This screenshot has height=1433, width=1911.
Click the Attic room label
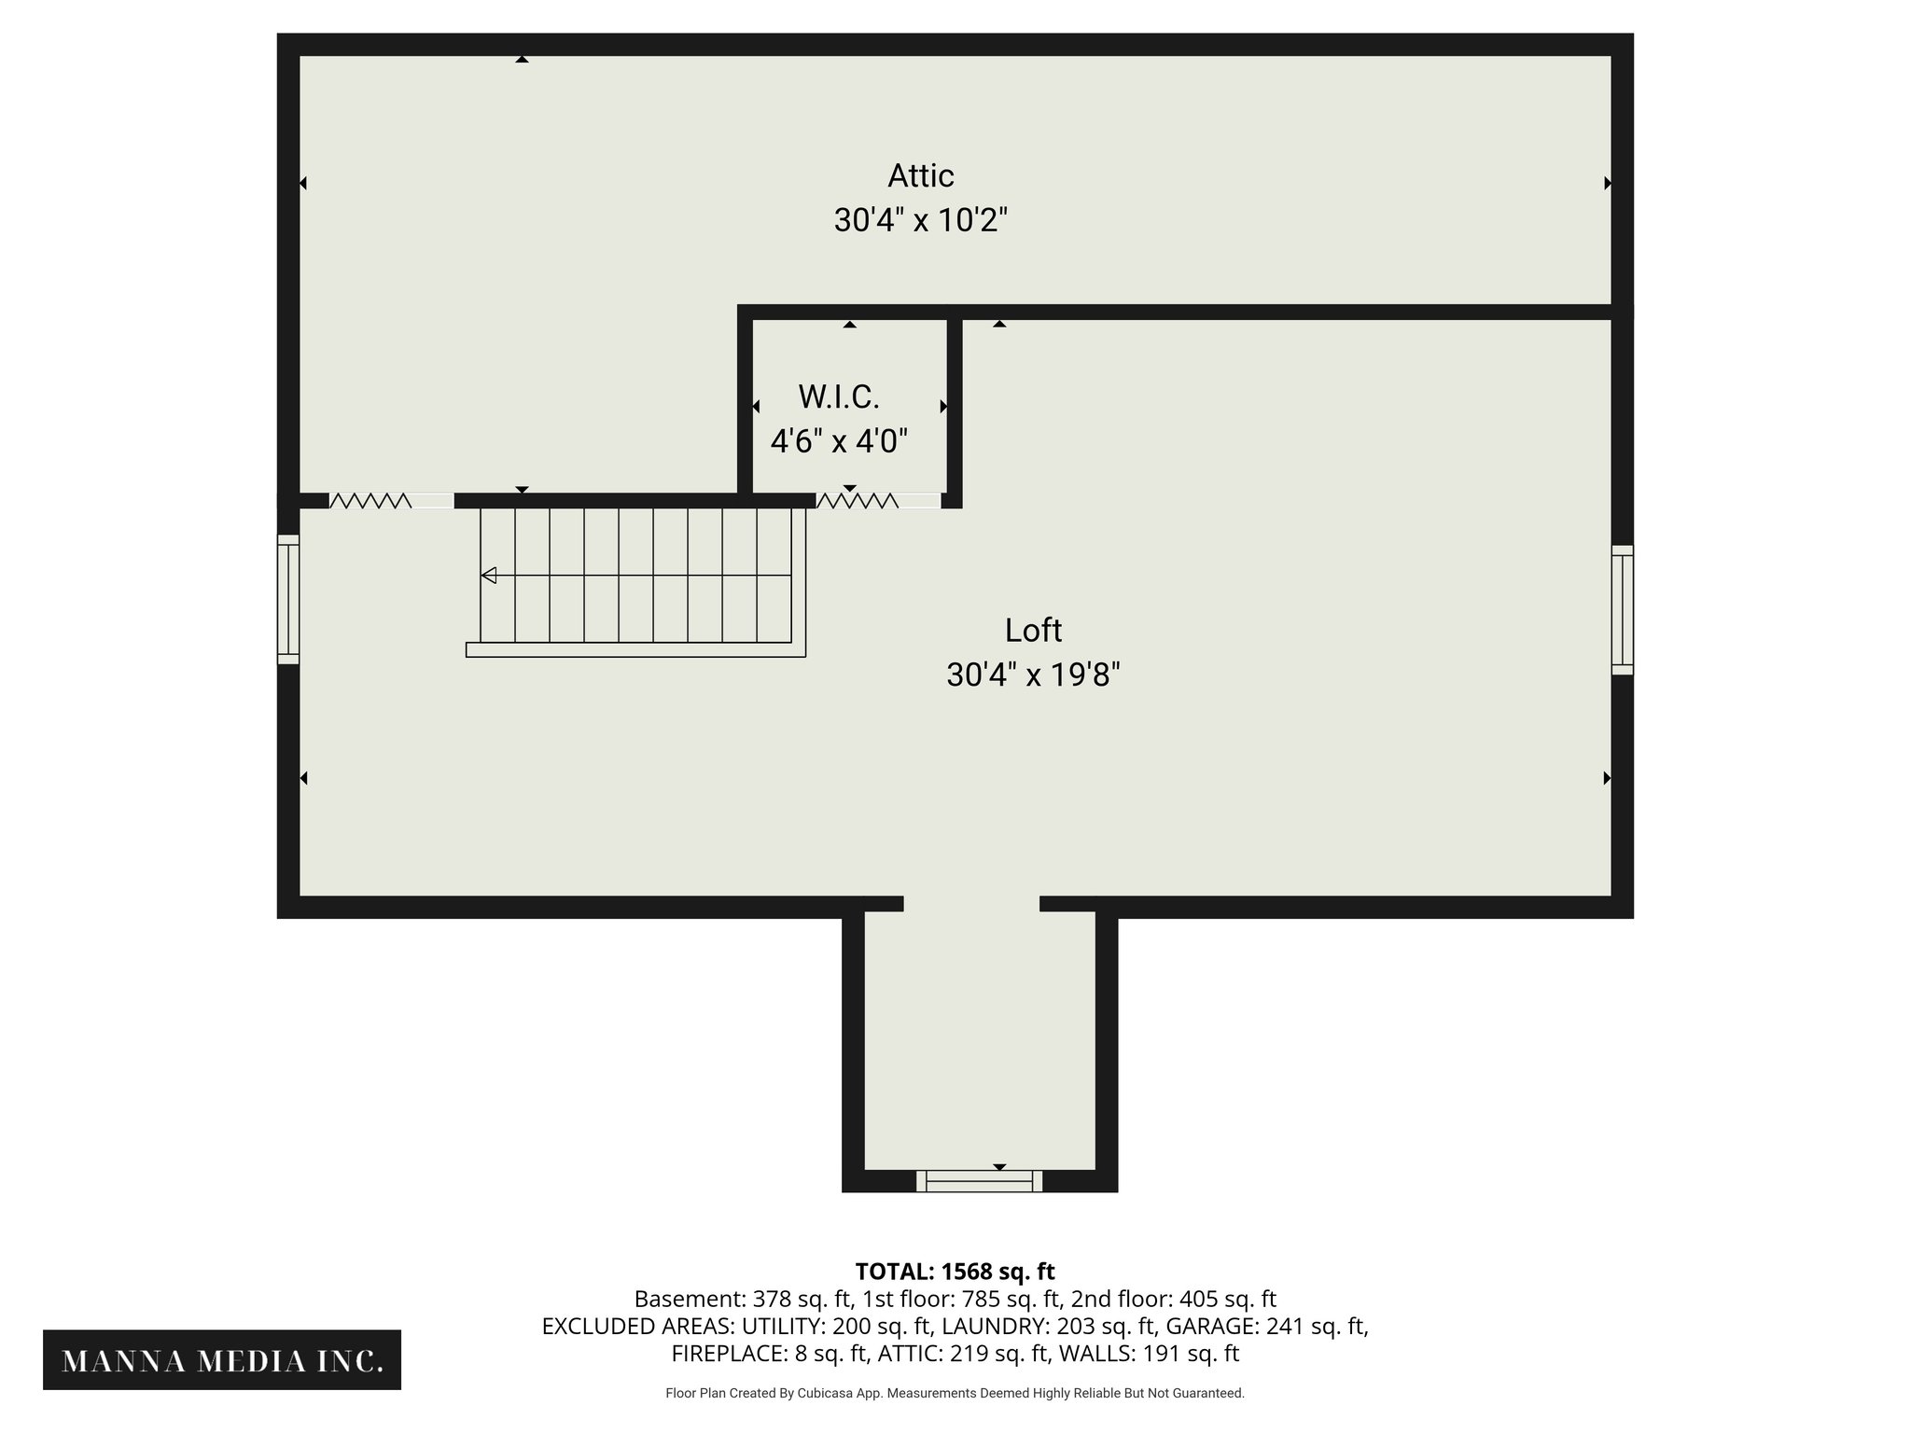(920, 175)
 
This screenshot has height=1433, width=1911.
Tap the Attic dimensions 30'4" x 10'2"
(920, 221)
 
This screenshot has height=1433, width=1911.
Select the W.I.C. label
(838, 397)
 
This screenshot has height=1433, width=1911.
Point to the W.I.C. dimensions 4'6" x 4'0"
(838, 441)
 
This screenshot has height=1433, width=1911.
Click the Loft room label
(1033, 631)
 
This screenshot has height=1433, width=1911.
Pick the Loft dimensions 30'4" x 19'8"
(1033, 675)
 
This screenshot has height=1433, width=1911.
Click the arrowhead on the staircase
(489, 576)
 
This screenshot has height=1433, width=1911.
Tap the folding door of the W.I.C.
(858, 501)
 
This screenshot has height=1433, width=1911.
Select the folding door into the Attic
(370, 501)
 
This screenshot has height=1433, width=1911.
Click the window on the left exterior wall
(288, 599)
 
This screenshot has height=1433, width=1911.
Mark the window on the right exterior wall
(1622, 609)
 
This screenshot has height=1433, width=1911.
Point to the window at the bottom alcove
(979, 1181)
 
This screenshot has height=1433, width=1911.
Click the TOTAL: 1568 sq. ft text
(955, 1272)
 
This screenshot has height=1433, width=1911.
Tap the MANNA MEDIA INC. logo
(222, 1361)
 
